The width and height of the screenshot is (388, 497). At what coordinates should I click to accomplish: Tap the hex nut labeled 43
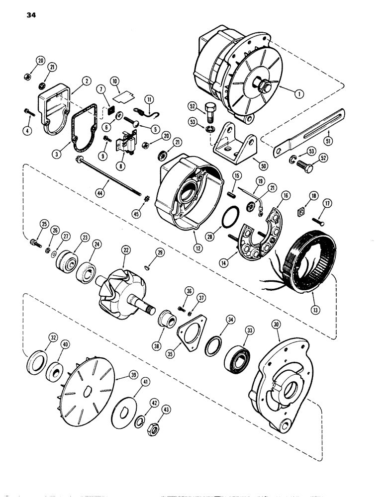tap(154, 427)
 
